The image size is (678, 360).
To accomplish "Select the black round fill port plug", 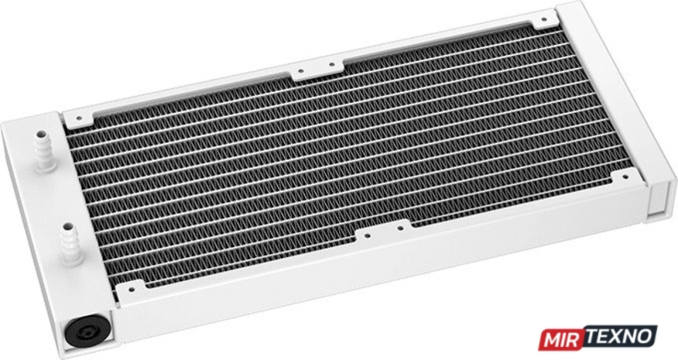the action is click(x=87, y=334).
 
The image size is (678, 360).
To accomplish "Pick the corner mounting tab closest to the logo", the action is click(x=624, y=177).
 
